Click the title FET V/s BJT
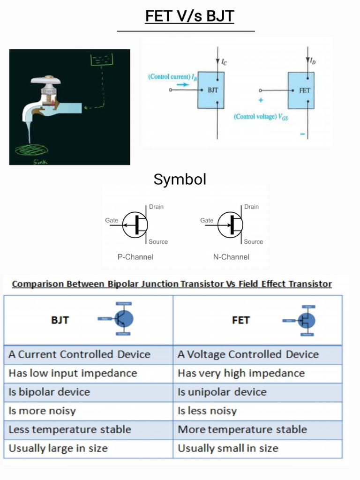pyautogui.click(x=189, y=16)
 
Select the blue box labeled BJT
pyautogui.click(x=210, y=90)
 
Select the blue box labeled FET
pyautogui.click(x=301, y=90)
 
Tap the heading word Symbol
pyautogui.click(x=180, y=179)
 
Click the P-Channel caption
pyautogui.click(x=135, y=257)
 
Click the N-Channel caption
pyautogui.click(x=231, y=257)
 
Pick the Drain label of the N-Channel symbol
pyautogui.click(x=251, y=207)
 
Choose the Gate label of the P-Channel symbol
pyautogui.click(x=112, y=220)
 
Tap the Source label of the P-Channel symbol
pyautogui.click(x=158, y=242)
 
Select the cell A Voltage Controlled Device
pyautogui.click(x=248, y=354)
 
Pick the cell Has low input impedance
pyautogui.click(x=73, y=373)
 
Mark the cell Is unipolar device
pyautogui.click(x=222, y=392)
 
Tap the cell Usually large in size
pyautogui.click(x=59, y=448)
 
